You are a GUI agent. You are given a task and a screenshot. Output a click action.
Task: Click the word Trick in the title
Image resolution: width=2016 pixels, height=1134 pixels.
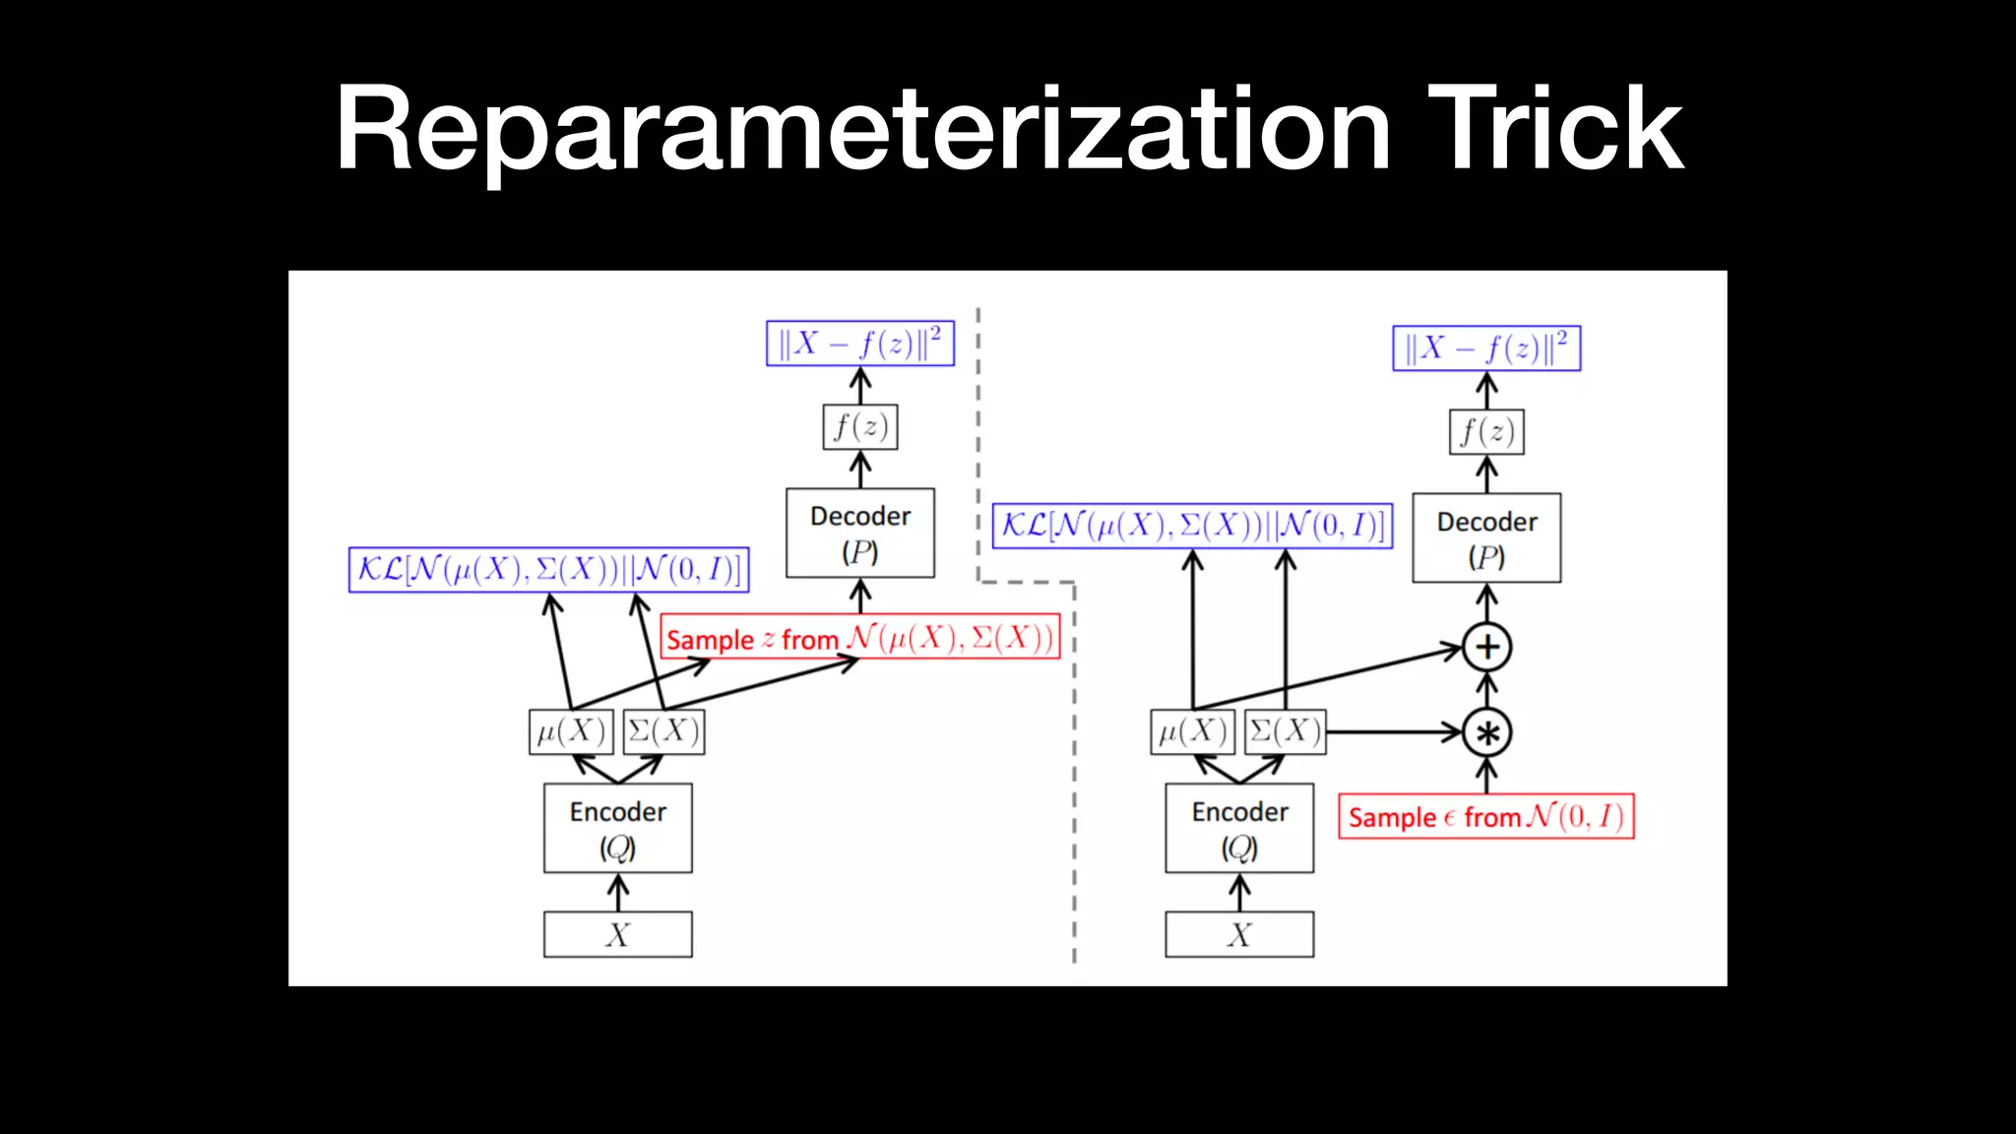pos(1555,130)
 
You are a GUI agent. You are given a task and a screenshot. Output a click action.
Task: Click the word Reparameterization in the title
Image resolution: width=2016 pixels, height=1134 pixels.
pos(862,132)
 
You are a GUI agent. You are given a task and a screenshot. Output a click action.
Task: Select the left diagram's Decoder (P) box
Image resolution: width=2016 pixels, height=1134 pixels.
pos(860,534)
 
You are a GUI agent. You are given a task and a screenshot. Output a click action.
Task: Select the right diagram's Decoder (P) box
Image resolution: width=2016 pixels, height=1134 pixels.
pos(1486,538)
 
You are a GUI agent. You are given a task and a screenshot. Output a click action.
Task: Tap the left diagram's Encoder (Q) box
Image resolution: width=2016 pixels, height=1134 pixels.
pos(617,828)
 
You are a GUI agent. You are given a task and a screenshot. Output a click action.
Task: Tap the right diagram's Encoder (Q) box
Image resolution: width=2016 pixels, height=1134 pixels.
pos(1239,828)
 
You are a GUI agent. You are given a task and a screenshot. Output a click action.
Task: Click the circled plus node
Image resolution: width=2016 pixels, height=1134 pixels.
pos(1486,647)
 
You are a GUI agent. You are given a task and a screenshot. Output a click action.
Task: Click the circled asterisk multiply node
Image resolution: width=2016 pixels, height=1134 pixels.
pos(1486,732)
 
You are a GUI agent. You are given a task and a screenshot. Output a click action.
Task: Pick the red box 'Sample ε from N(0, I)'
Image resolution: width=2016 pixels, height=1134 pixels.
pos(1485,817)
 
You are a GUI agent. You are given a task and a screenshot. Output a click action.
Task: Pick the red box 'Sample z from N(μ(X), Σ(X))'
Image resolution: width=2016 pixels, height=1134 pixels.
pos(859,638)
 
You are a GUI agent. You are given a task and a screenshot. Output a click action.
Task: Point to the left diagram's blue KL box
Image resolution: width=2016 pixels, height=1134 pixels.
pos(548,570)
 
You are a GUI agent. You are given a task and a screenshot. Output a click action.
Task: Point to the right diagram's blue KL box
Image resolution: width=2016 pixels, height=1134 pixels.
pos(1192,526)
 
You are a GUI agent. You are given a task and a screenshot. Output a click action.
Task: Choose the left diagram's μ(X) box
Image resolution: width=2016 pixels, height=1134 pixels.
pos(571,732)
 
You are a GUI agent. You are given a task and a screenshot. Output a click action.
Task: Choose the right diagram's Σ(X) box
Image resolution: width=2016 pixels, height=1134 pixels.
pos(1286,732)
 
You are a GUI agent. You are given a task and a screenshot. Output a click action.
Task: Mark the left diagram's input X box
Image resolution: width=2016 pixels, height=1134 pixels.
pos(617,934)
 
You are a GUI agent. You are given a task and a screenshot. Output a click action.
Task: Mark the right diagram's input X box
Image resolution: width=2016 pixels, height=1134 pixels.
pos(1239,934)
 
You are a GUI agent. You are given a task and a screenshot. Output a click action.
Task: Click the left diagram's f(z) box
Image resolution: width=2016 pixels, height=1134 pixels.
pos(860,427)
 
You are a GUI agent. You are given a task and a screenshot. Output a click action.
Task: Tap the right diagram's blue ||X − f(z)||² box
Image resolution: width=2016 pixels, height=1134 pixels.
pos(1486,348)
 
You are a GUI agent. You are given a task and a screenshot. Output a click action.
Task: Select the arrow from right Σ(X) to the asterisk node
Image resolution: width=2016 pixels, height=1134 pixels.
pos(1392,732)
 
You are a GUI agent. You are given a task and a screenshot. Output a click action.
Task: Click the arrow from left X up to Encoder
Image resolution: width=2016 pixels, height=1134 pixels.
pos(617,892)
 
